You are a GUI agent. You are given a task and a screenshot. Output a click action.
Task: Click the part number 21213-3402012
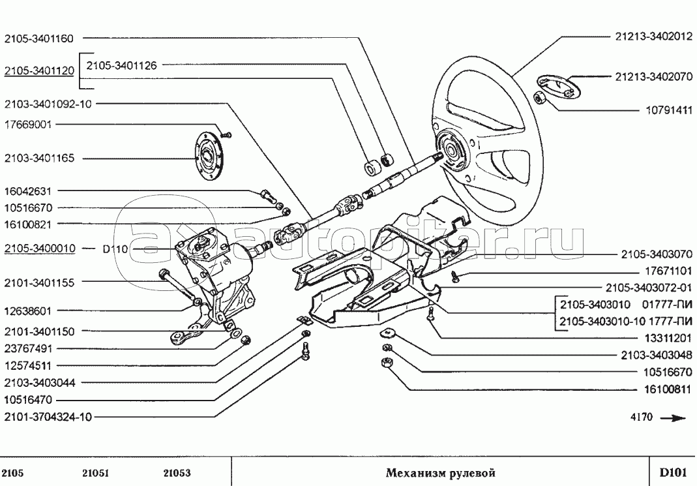click(x=653, y=37)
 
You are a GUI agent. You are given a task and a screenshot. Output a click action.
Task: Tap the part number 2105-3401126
click(x=121, y=65)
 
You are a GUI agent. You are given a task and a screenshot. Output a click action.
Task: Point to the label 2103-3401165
click(x=39, y=159)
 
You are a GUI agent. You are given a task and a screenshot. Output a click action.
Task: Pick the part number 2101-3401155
click(x=39, y=283)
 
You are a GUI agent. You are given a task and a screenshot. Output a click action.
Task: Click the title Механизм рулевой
click(x=441, y=472)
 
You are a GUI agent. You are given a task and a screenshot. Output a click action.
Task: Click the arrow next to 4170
click(x=672, y=418)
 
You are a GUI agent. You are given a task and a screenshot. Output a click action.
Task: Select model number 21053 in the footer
click(x=177, y=473)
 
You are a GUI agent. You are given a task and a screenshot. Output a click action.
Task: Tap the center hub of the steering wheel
click(x=451, y=149)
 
